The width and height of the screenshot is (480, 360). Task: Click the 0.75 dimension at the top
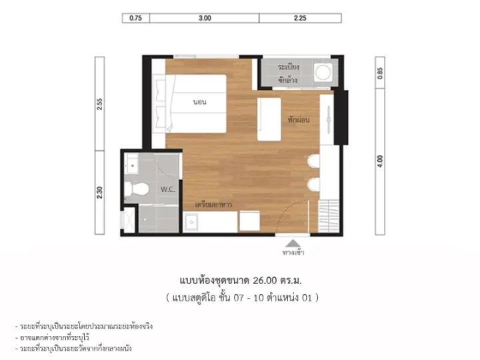(x=135, y=18)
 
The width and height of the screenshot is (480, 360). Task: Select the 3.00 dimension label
(x=205, y=18)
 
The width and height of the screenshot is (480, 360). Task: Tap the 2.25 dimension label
(x=300, y=18)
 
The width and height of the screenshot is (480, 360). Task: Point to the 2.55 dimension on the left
(x=99, y=104)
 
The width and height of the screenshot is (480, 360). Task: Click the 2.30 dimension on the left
(x=99, y=193)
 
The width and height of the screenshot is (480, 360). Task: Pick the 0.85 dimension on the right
(x=380, y=73)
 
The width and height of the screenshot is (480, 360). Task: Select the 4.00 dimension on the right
(x=380, y=161)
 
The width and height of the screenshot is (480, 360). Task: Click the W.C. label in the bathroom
(x=168, y=189)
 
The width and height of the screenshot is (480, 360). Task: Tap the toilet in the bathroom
(x=137, y=189)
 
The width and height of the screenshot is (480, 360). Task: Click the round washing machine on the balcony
(x=323, y=72)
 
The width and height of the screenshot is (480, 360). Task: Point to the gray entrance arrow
(x=293, y=243)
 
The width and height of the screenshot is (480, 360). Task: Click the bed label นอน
(x=199, y=102)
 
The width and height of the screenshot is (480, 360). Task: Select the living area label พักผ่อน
(x=299, y=120)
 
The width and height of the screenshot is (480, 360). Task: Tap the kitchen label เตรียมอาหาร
(x=213, y=204)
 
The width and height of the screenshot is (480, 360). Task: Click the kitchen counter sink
(x=191, y=222)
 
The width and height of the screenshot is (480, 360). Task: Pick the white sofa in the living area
(x=269, y=119)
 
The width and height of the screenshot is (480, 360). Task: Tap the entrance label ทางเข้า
(x=293, y=253)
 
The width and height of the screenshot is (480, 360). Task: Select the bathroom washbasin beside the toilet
(x=132, y=164)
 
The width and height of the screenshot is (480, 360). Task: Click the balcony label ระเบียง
(x=289, y=67)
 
